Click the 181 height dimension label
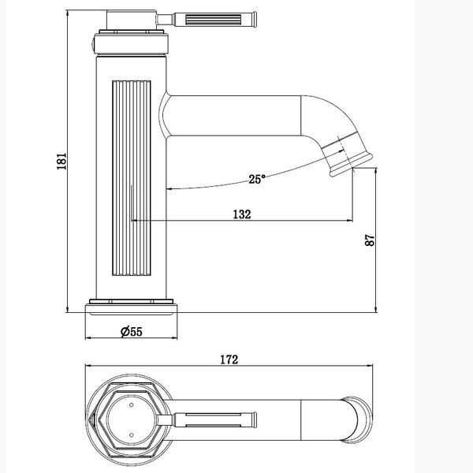pyautogui.click(x=61, y=161)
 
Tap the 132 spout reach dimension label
pyautogui.click(x=242, y=214)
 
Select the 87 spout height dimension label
pyautogui.click(x=370, y=240)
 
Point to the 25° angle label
pyautogui.click(x=257, y=179)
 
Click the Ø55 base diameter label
pyautogui.click(x=131, y=332)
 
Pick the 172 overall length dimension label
pyautogui.click(x=229, y=359)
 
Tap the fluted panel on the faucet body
pyautogui.click(x=132, y=178)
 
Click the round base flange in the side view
pyautogui.click(x=131, y=307)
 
